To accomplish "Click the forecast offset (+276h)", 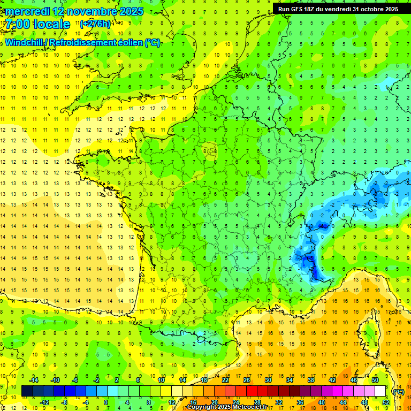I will point(95,24).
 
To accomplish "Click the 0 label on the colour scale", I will point(105,402).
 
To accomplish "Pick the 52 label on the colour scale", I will point(386,402).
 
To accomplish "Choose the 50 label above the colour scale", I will point(375,379).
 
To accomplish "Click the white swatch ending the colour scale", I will point(380,391).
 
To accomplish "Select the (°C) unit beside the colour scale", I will point(398,391).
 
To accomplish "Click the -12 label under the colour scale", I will point(44,402).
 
